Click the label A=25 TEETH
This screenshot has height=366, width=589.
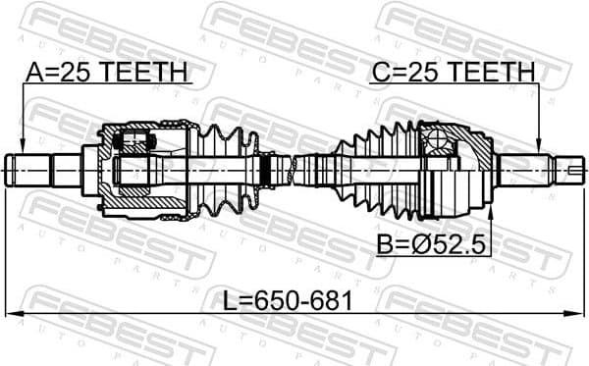pos(106,72)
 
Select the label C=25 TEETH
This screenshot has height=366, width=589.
pos(453,72)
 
